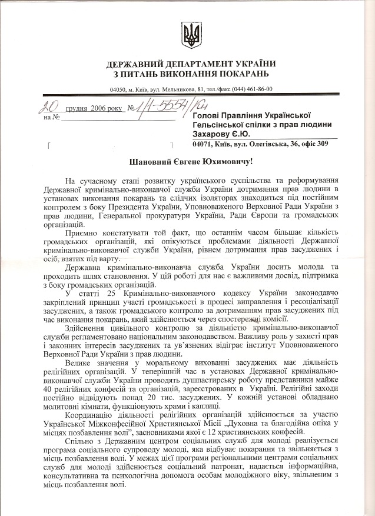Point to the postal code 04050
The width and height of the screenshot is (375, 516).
pos(120,89)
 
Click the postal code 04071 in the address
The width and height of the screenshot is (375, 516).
pos(204,143)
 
